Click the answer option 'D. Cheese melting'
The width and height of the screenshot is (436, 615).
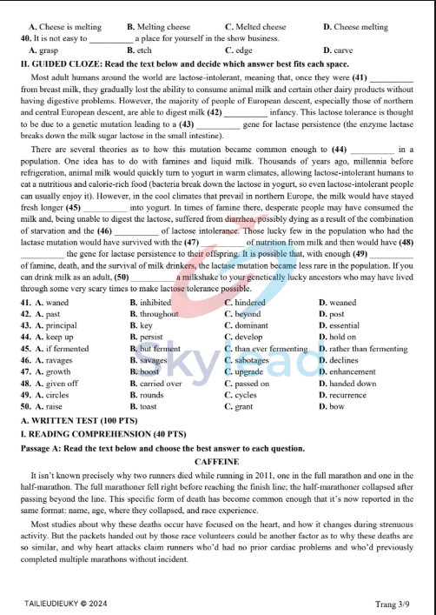pos(354,28)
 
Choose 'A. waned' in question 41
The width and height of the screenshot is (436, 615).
pos(56,302)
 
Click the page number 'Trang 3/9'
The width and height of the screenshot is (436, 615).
pos(392,604)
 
